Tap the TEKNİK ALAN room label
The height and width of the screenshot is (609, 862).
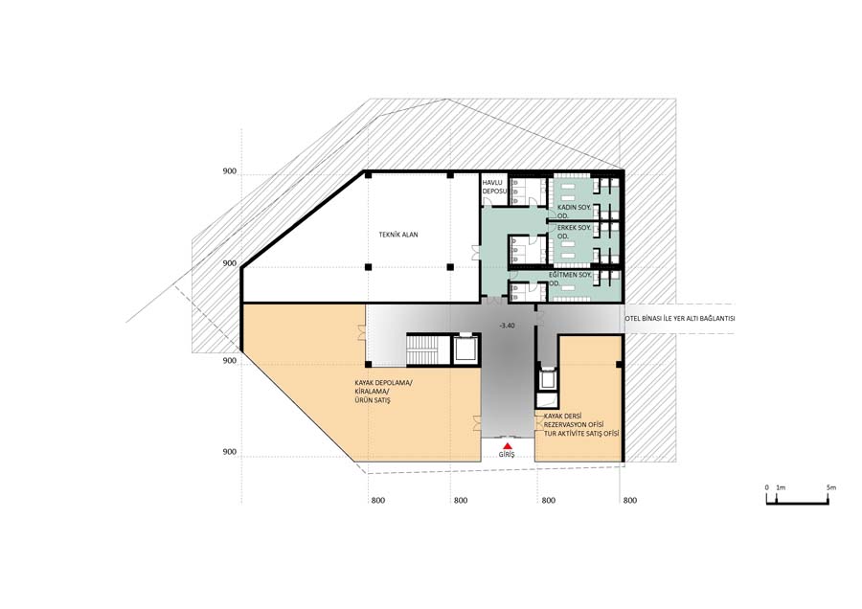(398, 235)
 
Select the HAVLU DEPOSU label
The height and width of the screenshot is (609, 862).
(493, 187)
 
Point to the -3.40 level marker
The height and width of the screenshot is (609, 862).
(507, 326)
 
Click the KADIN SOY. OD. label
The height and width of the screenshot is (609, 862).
(574, 212)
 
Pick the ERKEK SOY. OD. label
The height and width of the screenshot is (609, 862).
(574, 232)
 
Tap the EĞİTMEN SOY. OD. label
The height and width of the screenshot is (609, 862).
(571, 279)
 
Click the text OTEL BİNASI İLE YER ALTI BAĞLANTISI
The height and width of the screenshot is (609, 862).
(681, 318)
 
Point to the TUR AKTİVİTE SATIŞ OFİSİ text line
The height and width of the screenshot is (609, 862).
(581, 434)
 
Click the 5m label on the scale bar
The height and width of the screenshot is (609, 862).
(831, 487)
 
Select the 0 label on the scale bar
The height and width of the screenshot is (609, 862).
(767, 487)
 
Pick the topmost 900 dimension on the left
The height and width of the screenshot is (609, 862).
(229, 171)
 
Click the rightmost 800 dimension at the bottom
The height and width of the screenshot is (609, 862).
(630, 500)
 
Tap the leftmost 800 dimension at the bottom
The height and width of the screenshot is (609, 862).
(378, 500)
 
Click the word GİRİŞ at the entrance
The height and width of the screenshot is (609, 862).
(507, 455)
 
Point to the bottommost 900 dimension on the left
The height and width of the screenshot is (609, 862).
(229, 452)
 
